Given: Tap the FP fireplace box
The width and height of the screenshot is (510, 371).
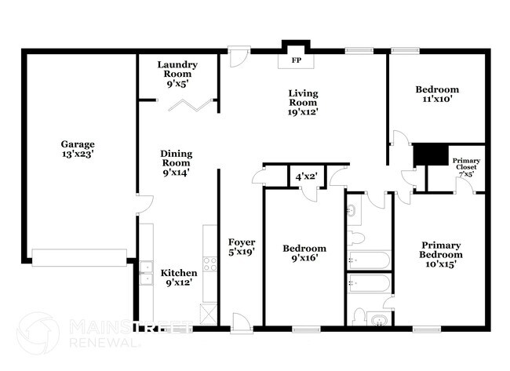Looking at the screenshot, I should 297,60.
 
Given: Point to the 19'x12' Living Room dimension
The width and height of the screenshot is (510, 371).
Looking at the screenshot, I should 301,111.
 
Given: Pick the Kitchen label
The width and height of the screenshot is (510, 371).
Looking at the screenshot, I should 179,273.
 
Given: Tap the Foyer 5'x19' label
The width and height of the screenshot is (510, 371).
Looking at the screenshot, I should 241,242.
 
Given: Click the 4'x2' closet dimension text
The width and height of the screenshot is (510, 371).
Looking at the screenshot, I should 306,177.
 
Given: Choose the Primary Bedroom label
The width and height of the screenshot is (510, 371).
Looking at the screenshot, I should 440,249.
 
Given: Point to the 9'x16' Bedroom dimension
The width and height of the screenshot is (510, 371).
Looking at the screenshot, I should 304,259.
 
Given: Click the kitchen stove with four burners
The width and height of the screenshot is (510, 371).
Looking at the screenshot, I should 209,264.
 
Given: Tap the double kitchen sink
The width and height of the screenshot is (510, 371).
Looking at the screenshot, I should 146,272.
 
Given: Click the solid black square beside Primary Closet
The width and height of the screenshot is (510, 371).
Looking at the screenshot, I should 429,154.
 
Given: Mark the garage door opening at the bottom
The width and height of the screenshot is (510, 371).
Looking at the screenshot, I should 78,255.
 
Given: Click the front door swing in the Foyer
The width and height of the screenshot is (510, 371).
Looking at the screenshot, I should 242,321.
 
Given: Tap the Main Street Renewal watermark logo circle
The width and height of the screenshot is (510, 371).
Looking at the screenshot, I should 37,333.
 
